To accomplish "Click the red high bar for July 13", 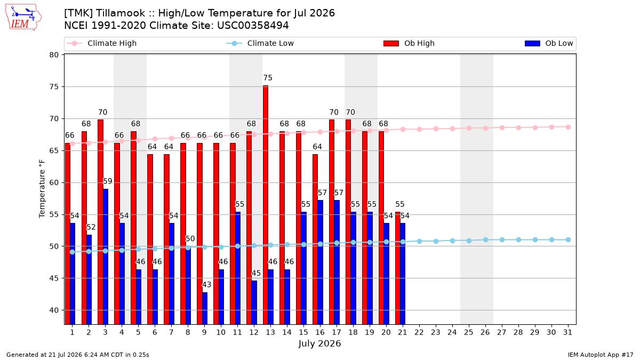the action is point(266,205).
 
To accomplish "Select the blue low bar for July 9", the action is point(205,308).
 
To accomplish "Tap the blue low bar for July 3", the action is point(106,257).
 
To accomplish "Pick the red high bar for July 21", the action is point(398,268).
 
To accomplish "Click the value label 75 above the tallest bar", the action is point(268,78).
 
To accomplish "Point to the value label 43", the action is point(206,285).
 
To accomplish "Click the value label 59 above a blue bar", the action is point(107,181).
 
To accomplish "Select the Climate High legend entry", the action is point(102,43).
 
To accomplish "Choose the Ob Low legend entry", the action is point(549,43).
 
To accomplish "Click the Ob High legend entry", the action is point(409,43).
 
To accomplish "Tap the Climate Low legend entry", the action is point(260,43).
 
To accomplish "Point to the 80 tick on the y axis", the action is point(54,55).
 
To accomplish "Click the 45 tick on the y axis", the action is point(54,278).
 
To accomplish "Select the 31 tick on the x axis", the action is point(567,332).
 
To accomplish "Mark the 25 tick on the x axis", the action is point(469,332).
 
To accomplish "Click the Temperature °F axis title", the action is point(42,189).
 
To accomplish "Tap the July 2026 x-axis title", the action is point(319,343).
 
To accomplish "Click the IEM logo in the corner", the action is point(23,18).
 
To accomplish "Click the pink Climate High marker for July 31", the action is point(568,127).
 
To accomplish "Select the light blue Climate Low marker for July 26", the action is point(485,239).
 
